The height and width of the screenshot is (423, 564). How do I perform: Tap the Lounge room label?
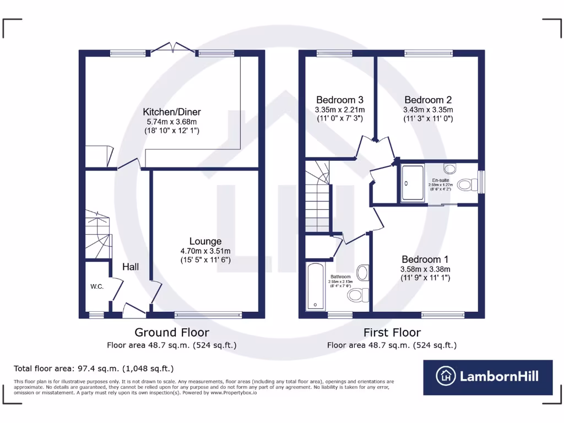point(205,241)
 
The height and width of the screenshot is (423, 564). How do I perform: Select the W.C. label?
point(97,286)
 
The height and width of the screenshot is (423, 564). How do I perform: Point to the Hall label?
point(131,267)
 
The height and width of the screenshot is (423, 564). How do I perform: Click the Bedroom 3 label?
point(339,100)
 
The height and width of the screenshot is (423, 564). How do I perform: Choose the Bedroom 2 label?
point(428,100)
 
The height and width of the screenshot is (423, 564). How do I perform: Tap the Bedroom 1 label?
point(425,259)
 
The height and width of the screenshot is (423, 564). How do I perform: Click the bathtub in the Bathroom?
point(316,287)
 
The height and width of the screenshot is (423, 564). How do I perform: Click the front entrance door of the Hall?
point(134,311)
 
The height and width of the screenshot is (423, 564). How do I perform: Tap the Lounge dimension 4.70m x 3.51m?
point(205,251)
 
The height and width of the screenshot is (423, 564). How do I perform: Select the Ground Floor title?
point(172,333)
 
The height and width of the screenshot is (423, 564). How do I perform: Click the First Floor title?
point(392,333)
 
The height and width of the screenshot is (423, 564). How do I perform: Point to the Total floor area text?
point(94,368)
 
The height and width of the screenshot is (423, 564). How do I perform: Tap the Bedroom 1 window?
point(443,315)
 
